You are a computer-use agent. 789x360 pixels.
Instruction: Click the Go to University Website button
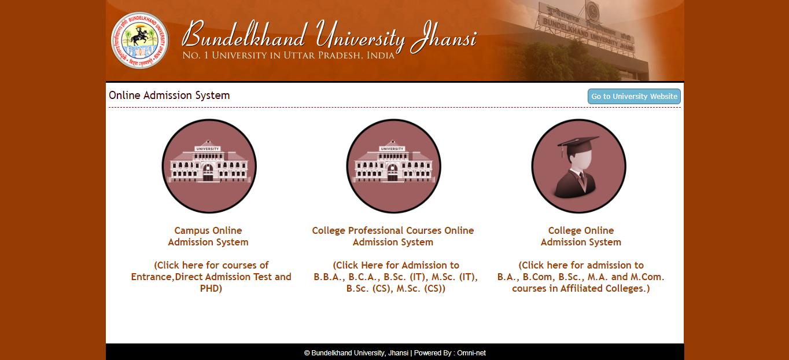point(634,97)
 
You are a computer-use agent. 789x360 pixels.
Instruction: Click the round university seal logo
point(139,41)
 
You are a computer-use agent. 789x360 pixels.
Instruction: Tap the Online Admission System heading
point(169,95)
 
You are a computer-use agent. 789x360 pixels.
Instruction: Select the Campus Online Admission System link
point(208,236)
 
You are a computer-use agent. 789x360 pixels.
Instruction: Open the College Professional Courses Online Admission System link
point(393,236)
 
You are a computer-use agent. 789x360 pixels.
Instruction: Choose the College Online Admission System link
point(581,236)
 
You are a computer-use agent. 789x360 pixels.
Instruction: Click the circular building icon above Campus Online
point(209,166)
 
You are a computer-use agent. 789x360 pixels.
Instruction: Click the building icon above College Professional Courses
point(393,166)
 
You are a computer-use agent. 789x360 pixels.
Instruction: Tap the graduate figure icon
point(578,166)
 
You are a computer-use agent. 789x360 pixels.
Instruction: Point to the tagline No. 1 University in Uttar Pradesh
point(288,56)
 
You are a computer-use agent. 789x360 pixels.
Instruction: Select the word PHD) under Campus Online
point(211,288)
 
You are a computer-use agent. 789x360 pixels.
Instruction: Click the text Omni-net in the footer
point(471,353)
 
